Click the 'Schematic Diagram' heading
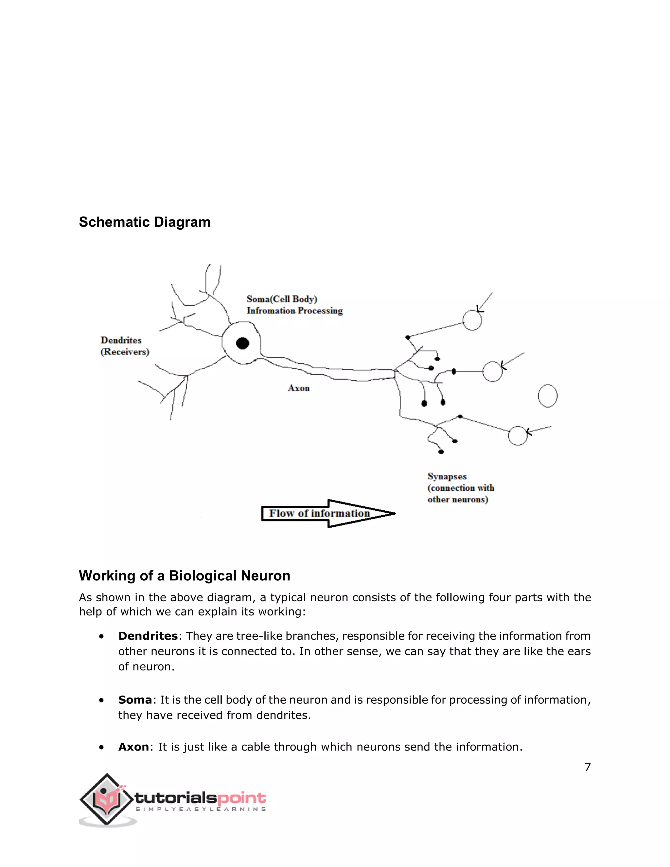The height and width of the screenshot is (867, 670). [x=145, y=222]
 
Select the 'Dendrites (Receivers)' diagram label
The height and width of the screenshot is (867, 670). [x=125, y=346]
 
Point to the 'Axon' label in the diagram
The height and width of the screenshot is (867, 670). [x=298, y=388]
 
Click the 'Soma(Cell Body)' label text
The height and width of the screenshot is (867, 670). [x=282, y=299]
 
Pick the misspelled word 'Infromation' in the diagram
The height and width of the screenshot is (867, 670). [x=271, y=310]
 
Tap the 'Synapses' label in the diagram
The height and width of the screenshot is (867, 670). [x=447, y=476]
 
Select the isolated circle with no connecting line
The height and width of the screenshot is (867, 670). [x=547, y=396]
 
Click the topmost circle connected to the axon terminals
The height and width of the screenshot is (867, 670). [x=472, y=320]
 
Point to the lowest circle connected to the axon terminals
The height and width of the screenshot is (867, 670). [x=518, y=435]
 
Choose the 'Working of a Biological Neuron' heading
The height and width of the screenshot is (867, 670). [x=185, y=575]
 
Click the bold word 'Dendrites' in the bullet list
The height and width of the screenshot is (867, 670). [x=148, y=636]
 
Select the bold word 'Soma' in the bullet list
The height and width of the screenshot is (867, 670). [x=135, y=699]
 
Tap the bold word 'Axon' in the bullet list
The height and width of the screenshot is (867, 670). [x=133, y=747]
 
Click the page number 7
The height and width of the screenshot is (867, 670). [x=588, y=767]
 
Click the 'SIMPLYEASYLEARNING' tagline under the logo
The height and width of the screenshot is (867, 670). [x=201, y=809]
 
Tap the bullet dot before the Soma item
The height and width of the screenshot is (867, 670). [x=102, y=700]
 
